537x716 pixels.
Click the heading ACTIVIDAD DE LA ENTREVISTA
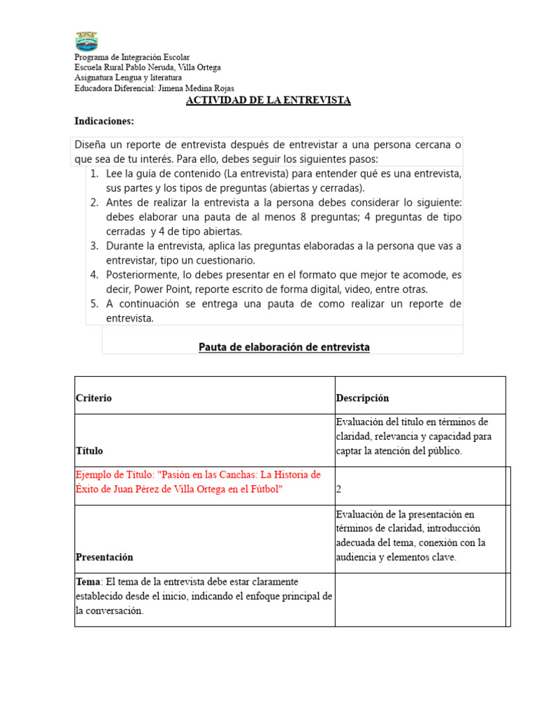coord(268,101)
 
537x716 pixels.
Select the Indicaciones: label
coord(104,122)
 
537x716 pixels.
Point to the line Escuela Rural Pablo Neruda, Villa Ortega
coord(148,68)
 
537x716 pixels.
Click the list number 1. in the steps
coord(94,173)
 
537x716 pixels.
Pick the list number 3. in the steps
coord(94,246)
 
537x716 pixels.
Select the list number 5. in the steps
coord(94,304)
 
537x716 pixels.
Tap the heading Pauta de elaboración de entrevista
coord(284,347)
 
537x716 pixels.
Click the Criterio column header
coord(94,398)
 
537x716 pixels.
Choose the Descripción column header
coord(362,398)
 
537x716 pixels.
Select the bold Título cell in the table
coord(89,451)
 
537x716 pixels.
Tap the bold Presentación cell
coord(104,557)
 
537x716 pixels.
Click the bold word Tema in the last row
coord(88,582)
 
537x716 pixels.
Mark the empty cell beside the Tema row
coord(420,599)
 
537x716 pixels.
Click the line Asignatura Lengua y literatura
coord(128,78)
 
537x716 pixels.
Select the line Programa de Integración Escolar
coord(132,57)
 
